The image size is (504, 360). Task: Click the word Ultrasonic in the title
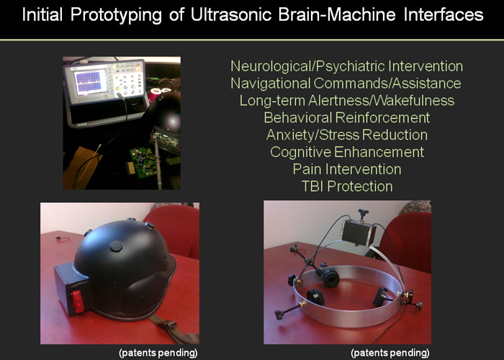pyautogui.click(x=231, y=15)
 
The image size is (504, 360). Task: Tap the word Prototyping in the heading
pyautogui.click(x=116, y=15)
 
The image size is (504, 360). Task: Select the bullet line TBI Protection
pyautogui.click(x=347, y=186)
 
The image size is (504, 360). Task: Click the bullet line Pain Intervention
pyautogui.click(x=347, y=169)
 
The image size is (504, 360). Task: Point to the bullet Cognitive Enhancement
pyautogui.click(x=347, y=152)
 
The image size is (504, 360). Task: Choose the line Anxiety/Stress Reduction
pyautogui.click(x=347, y=135)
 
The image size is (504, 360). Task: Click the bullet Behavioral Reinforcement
pyautogui.click(x=347, y=117)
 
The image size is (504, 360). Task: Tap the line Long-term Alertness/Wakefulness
pyautogui.click(x=347, y=101)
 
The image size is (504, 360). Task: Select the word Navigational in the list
pyautogui.click(x=270, y=84)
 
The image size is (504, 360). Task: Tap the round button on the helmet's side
pyautogui.click(x=116, y=246)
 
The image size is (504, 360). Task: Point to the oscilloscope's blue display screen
pyautogui.click(x=91, y=82)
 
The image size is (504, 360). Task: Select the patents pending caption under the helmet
pyautogui.click(x=158, y=353)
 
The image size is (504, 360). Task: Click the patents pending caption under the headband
pyautogui.click(x=390, y=353)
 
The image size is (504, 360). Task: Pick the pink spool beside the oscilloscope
pyautogui.click(x=155, y=95)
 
